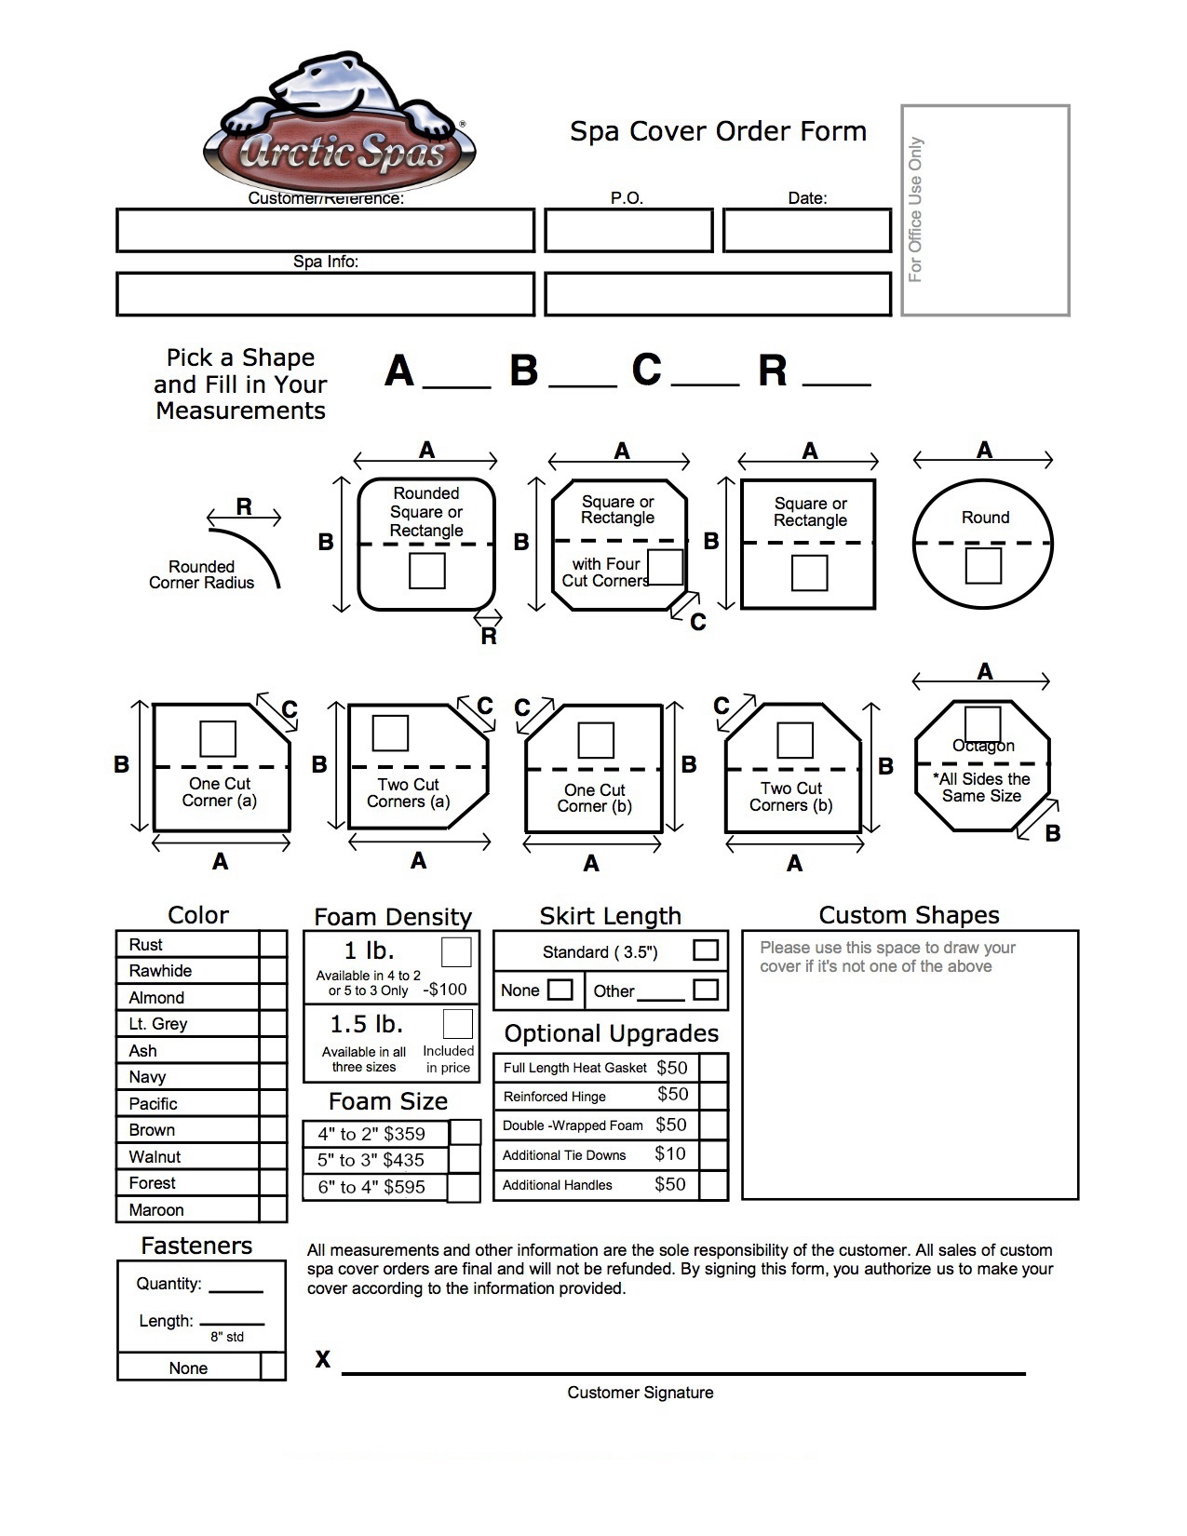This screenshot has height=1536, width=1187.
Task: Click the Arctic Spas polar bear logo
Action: point(339,126)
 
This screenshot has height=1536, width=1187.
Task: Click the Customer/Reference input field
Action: point(325,230)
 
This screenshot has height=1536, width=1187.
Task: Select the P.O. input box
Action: point(628,230)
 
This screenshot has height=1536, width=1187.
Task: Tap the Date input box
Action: point(806,230)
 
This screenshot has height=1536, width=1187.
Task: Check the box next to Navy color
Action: point(273,1077)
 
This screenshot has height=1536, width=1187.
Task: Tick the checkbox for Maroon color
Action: point(273,1209)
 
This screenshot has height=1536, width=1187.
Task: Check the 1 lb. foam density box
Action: point(455,952)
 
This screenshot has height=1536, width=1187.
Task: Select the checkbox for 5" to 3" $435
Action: point(465,1160)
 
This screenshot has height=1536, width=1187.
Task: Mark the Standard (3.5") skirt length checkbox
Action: point(706,950)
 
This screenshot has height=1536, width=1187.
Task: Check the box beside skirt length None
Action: point(560,990)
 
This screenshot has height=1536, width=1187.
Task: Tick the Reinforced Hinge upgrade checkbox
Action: point(713,1096)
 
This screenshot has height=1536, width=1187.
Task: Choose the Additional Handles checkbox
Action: point(713,1185)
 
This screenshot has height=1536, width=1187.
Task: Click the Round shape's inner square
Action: point(983,566)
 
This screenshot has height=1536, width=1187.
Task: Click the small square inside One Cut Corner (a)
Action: point(218,738)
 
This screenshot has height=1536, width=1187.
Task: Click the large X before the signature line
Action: point(322,1359)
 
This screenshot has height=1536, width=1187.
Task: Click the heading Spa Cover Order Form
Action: point(718,131)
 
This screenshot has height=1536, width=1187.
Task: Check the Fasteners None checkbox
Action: point(272,1367)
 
